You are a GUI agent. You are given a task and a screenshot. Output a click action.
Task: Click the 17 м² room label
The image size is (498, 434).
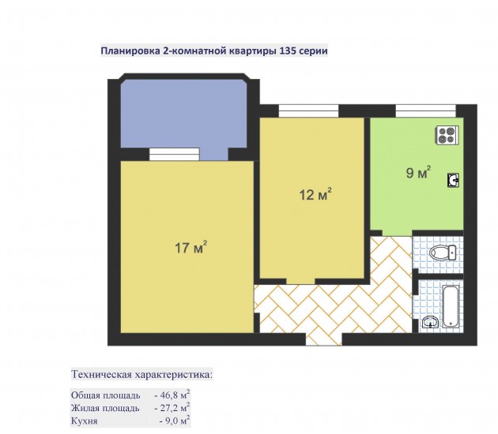coord(191,247)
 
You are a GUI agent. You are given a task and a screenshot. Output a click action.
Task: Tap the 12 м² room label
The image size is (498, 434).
coord(315,194)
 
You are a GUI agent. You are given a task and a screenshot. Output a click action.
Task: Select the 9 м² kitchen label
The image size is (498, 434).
coord(418,172)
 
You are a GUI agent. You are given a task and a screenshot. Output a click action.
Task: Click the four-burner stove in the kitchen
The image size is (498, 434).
coord(447,136)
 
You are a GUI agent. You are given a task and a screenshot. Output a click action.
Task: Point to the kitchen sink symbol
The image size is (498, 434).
coord(453,181)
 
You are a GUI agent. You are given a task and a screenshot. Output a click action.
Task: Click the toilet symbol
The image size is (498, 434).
coord(443,253)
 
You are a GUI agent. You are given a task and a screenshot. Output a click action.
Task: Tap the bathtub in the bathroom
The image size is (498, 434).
coord(451,306)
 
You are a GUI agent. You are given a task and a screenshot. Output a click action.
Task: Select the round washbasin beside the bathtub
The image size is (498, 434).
coord(430,323)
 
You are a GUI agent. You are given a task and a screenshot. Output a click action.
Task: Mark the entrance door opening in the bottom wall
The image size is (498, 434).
coord(324,339)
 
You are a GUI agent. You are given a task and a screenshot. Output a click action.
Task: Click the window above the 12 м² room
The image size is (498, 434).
coord(308,111)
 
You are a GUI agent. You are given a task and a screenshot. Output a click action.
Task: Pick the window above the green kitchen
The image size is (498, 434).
coord(426,111)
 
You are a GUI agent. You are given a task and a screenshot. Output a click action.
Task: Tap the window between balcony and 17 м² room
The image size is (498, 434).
coord(175,155)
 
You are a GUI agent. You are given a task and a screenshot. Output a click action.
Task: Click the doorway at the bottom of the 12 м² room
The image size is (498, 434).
coord(300,282)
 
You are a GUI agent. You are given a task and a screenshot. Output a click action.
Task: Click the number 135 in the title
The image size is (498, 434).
coord(288,51)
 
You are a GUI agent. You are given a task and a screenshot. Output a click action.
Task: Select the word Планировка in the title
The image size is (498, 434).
coord(130,51)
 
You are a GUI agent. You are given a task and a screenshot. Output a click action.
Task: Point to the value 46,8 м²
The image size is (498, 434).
coord(172,395)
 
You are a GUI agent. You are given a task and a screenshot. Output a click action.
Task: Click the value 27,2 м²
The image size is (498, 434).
coord(172,408)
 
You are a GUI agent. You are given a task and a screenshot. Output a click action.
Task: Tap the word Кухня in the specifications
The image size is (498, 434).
coord(84,421)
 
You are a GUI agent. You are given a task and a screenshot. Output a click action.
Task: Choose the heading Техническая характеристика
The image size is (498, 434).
coord(141,374)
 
